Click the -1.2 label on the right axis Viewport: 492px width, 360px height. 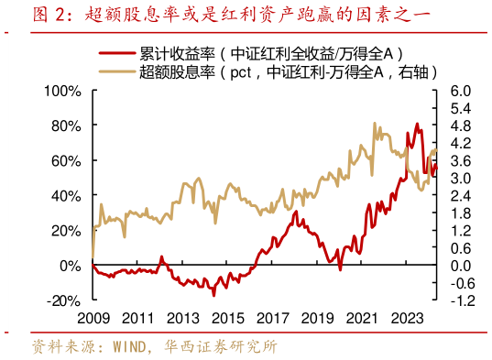[x=461, y=300]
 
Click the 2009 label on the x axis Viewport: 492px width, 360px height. [x=93, y=319]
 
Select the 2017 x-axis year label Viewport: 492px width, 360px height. [x=271, y=319]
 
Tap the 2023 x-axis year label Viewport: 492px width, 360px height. [x=405, y=319]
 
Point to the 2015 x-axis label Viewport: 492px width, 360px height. [x=227, y=319]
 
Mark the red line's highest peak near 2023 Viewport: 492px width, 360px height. [x=417, y=124]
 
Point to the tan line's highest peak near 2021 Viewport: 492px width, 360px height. [x=376, y=123]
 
